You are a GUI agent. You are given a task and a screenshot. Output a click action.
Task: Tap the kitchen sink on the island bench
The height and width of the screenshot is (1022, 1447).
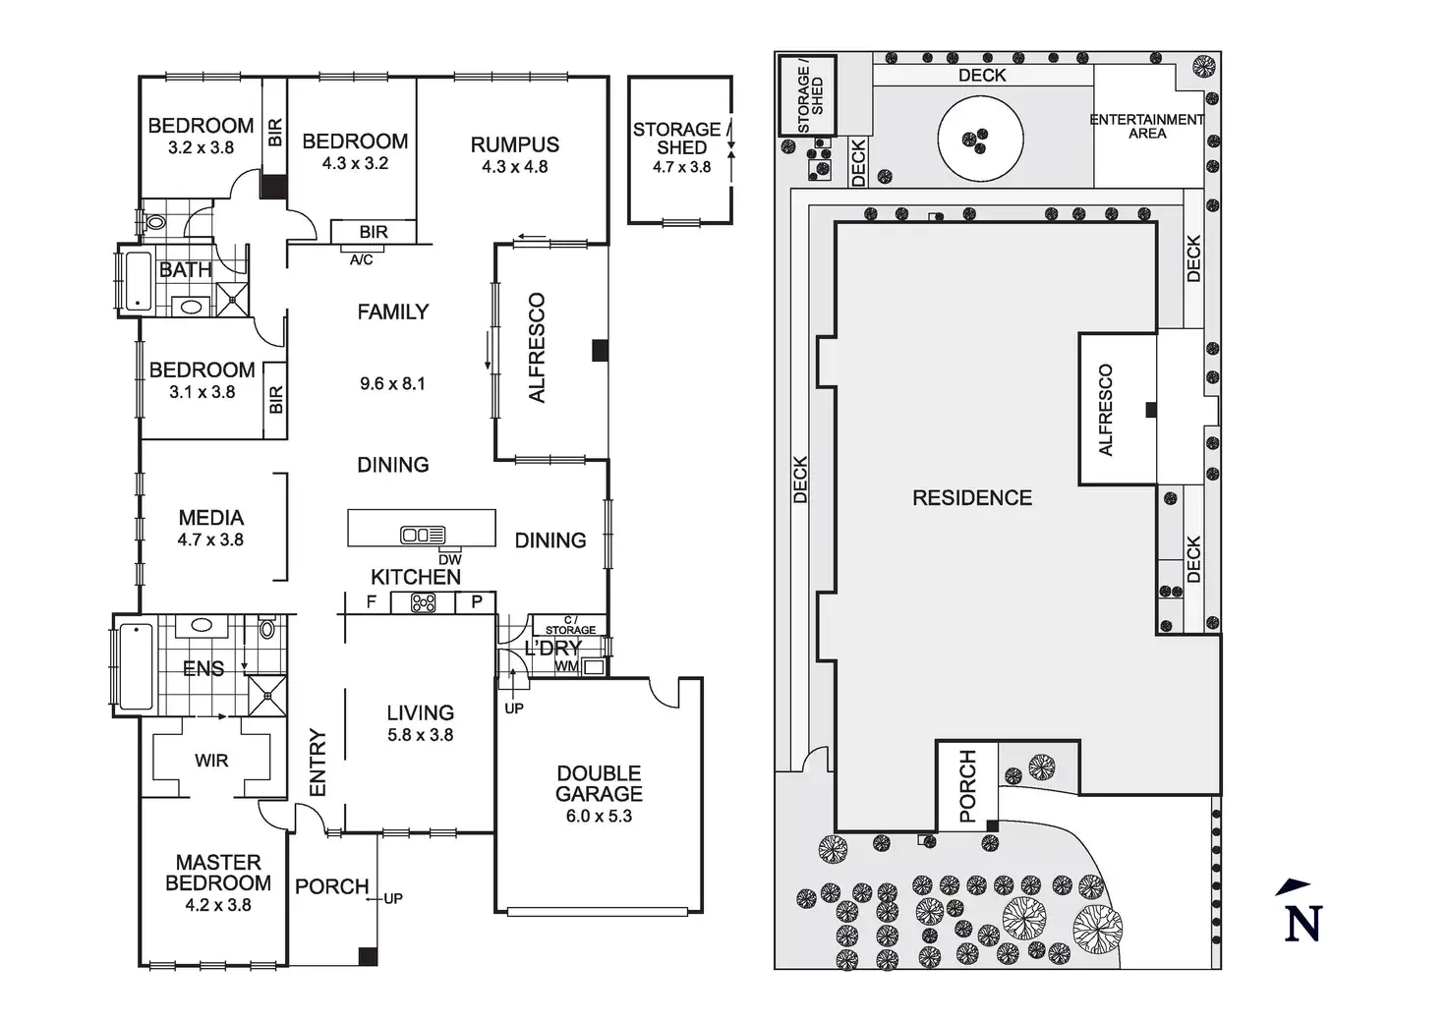423,536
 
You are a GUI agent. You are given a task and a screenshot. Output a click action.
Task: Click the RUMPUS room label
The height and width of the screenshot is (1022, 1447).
514,144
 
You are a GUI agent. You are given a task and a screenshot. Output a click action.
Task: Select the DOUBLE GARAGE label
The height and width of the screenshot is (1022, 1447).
599,783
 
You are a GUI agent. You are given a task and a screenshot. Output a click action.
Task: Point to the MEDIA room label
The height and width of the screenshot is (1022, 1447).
210,517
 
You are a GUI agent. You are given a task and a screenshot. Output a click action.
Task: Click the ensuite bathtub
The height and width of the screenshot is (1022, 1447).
132,666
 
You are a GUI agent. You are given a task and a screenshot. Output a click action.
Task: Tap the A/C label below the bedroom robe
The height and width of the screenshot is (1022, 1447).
362,260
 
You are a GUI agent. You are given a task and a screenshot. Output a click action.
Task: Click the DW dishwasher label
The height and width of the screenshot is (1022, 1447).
449,559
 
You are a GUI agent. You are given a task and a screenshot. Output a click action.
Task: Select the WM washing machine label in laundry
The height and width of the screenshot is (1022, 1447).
567,666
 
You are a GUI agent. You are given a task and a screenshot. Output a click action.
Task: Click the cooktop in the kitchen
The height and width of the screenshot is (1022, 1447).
424,602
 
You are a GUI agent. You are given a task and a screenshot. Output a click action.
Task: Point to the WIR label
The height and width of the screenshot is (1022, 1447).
211,760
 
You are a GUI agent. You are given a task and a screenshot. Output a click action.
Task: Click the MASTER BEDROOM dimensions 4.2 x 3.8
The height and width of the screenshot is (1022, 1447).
218,905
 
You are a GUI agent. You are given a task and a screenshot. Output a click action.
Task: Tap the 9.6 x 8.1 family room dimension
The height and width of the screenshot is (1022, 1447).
392,383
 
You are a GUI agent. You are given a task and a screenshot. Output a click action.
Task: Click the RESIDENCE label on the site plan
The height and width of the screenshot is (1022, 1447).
972,498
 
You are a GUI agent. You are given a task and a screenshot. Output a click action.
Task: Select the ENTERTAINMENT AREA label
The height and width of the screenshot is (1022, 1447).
1147,126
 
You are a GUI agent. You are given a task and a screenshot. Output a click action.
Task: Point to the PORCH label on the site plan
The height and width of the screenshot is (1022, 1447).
967,785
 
